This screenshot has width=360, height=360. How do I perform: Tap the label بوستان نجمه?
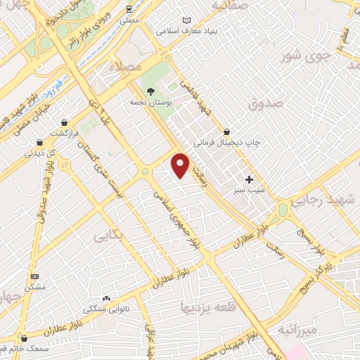click(150, 103)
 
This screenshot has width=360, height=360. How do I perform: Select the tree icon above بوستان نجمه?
click(150, 91)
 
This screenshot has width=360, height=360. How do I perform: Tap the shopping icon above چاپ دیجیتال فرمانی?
click(226, 131)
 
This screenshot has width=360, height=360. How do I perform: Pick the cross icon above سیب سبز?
click(249, 179)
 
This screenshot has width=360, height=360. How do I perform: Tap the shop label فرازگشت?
click(67, 133)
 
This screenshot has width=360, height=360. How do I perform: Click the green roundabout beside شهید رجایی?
click(283, 209)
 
